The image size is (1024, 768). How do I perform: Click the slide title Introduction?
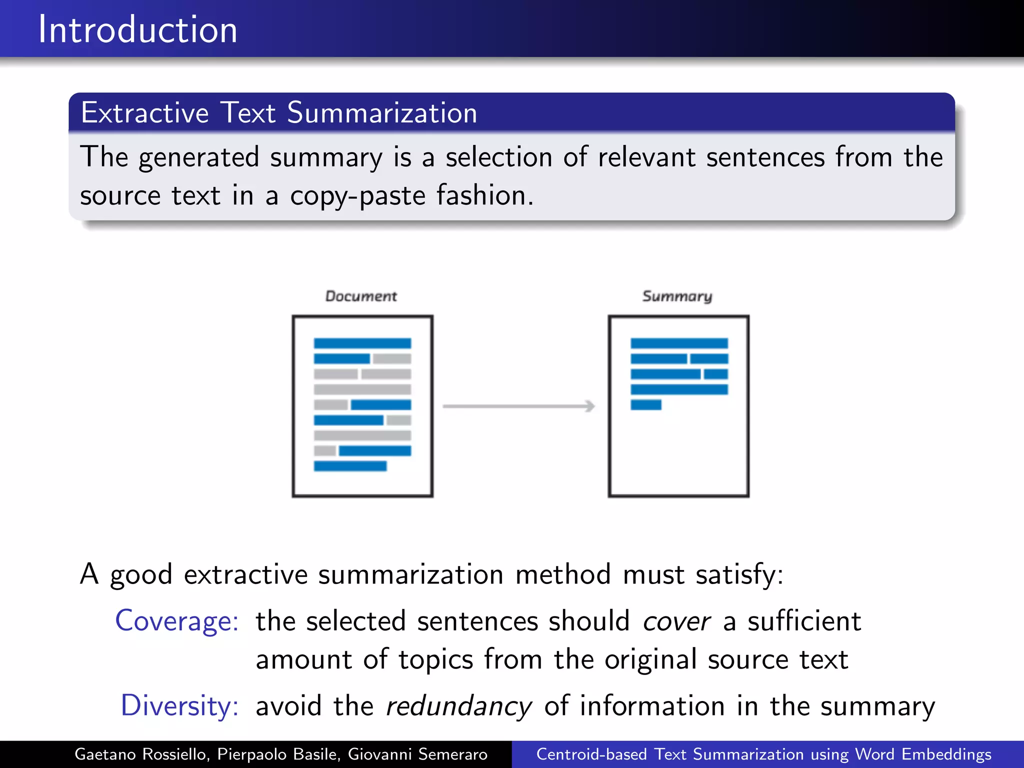[x=137, y=30]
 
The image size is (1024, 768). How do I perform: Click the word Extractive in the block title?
[x=144, y=113]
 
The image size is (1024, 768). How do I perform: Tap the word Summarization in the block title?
[x=382, y=113]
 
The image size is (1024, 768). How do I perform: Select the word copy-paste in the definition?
[x=357, y=195]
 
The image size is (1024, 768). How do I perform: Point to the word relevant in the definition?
[x=646, y=157]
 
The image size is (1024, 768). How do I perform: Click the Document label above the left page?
[x=361, y=296]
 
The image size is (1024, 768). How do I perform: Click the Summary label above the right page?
[x=677, y=296]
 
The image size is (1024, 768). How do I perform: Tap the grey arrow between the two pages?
[x=518, y=406]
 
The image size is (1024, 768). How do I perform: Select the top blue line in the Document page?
[x=362, y=343]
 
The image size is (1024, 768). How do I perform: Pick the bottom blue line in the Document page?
[x=350, y=466]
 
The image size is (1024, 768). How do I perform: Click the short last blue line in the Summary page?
[x=646, y=405]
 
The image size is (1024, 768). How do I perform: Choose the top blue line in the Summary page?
[x=679, y=343]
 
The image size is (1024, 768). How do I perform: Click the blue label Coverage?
[x=177, y=621]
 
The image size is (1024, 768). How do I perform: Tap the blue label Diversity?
[x=179, y=706]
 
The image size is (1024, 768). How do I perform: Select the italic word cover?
[x=676, y=621]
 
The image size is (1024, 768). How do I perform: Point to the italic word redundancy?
[x=458, y=706]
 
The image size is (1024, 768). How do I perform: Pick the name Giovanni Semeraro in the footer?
[x=417, y=754]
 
